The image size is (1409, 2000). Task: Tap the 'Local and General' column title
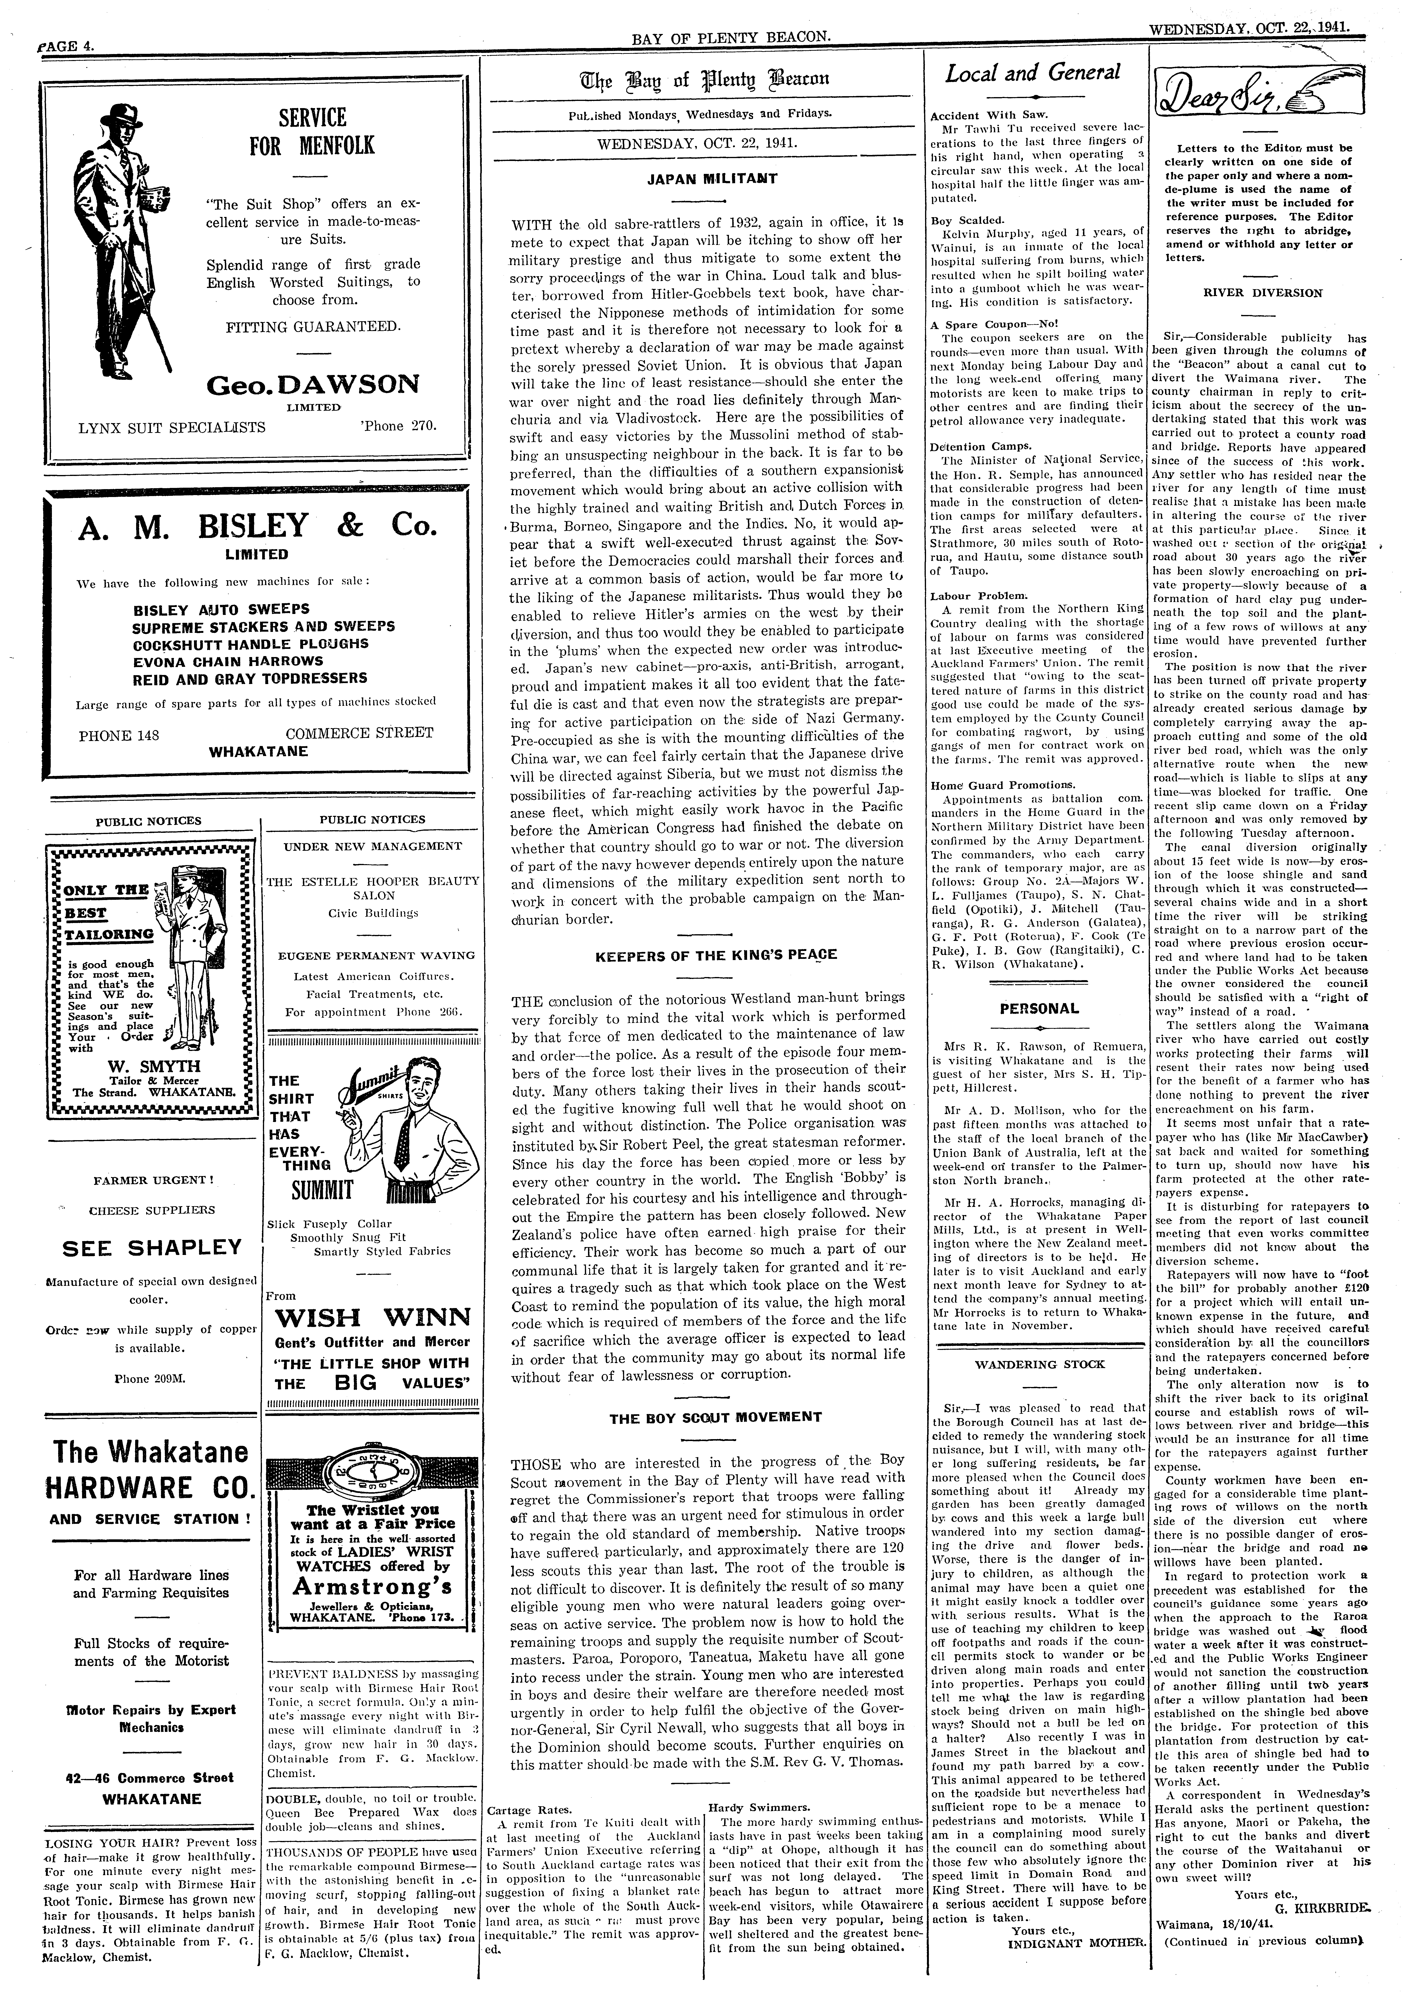[x=1033, y=74]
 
